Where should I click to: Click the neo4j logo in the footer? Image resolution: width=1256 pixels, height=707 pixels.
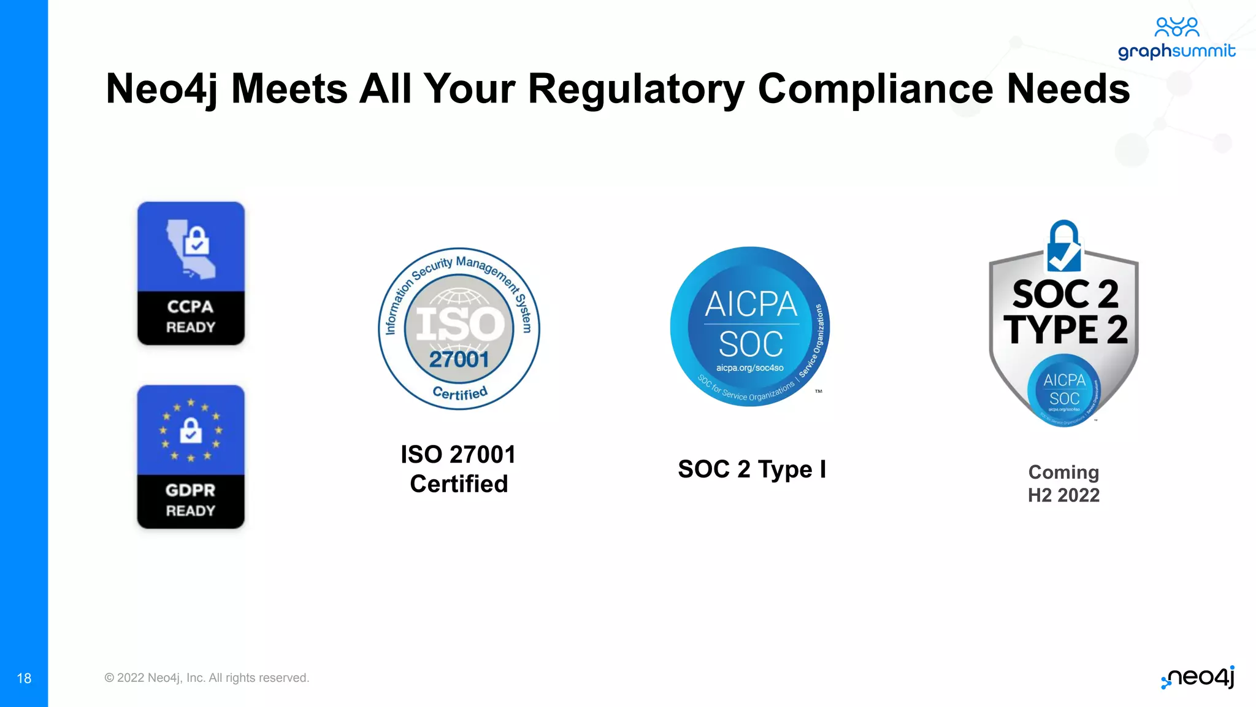click(1198, 678)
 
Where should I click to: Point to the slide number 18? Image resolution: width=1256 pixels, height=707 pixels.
click(24, 678)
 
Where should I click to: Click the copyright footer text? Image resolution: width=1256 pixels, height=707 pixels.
click(207, 678)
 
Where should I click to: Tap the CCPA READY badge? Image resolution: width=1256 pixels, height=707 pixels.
click(191, 273)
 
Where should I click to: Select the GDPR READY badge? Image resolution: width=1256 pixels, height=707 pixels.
click(191, 457)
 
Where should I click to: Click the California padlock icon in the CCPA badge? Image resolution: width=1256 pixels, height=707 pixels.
click(192, 247)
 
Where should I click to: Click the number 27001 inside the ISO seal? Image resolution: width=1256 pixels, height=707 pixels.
click(459, 360)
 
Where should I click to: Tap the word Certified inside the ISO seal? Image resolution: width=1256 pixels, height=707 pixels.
click(460, 393)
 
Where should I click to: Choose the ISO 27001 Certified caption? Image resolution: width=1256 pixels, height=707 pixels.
click(459, 469)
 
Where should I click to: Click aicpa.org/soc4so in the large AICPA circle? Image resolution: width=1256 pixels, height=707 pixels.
click(749, 368)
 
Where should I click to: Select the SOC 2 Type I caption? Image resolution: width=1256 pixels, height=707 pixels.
click(752, 469)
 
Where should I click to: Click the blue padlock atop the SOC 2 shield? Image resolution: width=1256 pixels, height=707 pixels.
click(1064, 247)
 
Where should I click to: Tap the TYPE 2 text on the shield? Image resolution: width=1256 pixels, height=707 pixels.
click(1065, 330)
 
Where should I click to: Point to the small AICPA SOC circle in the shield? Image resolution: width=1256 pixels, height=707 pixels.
click(1064, 390)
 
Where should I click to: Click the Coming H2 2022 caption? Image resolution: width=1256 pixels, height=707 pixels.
click(1064, 484)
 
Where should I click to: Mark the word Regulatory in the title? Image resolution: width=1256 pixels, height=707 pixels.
click(636, 90)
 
